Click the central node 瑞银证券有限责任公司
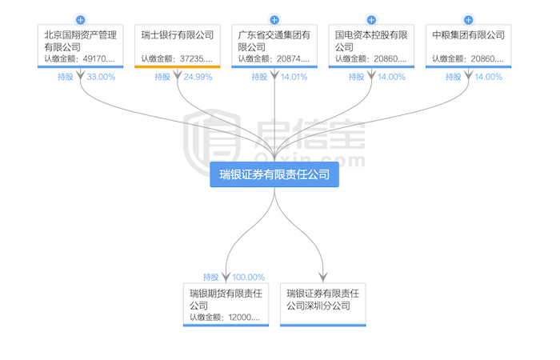[274, 174]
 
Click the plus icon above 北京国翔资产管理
[80, 19]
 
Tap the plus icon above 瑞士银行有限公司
[178, 19]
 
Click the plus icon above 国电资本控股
[372, 19]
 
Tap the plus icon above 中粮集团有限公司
[469, 19]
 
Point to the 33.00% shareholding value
[100, 77]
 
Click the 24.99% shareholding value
[197, 77]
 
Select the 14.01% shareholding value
[294, 77]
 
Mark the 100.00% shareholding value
[247, 278]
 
